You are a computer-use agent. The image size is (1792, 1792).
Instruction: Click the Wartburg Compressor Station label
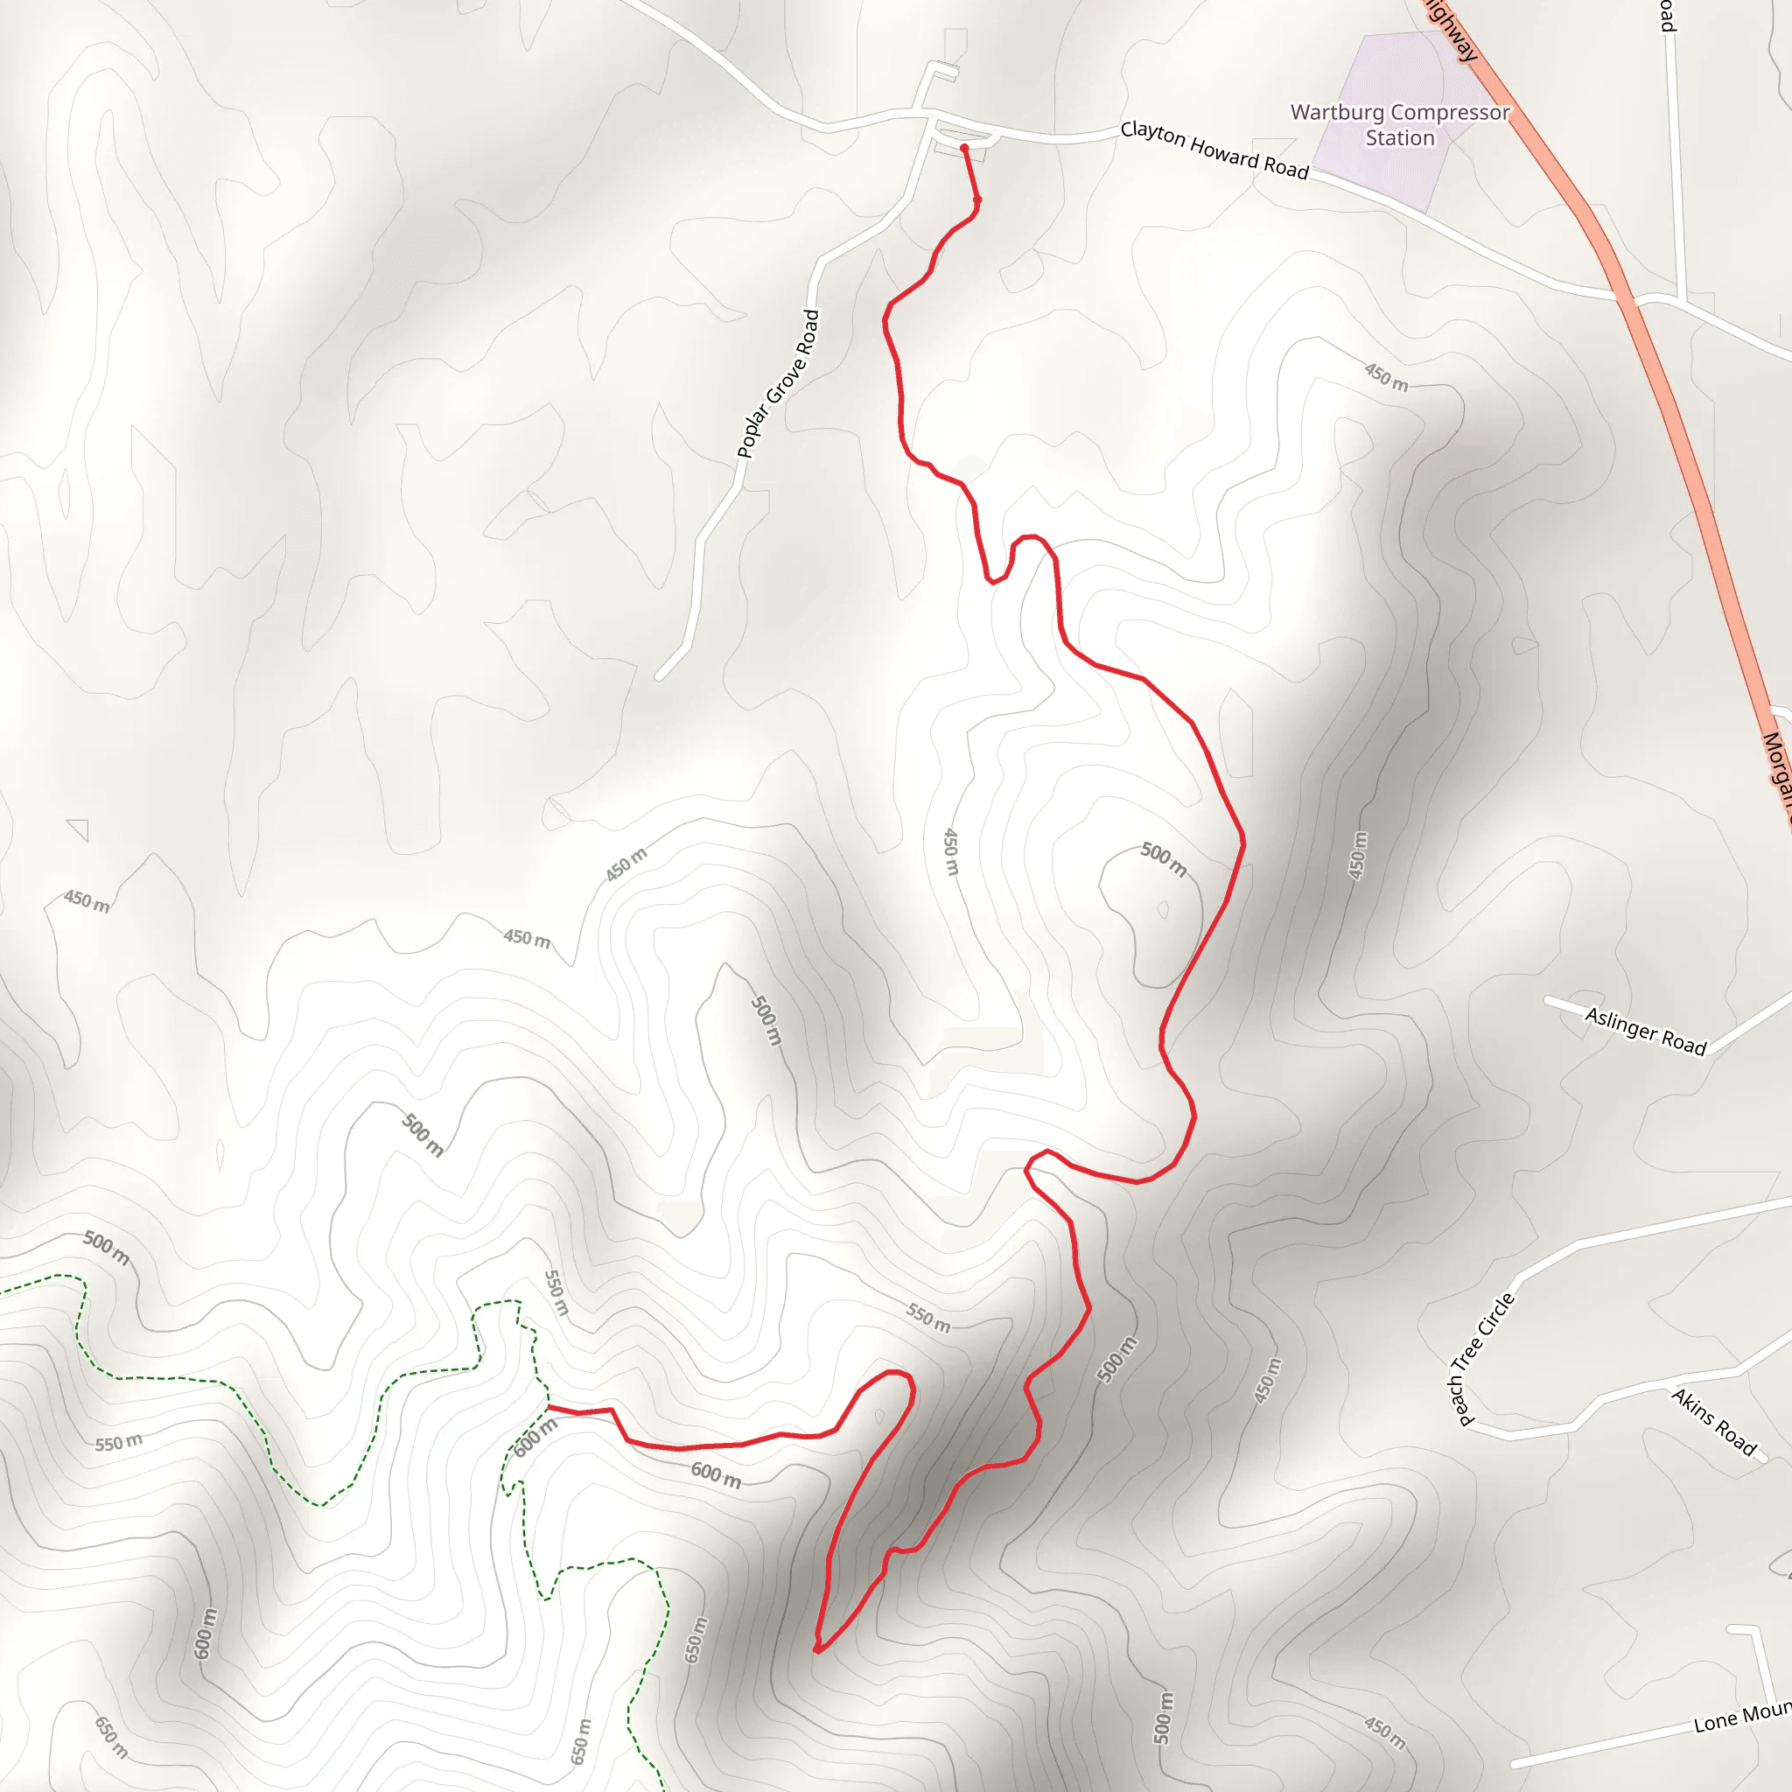[x=1400, y=125]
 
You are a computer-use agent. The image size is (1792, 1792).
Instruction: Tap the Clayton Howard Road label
[x=1214, y=150]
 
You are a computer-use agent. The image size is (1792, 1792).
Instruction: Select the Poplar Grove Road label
[x=778, y=384]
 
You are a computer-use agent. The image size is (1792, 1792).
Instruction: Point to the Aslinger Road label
[x=1644, y=1031]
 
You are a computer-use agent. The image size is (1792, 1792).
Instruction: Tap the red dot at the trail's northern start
[x=964, y=149]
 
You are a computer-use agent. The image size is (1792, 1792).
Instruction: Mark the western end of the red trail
[x=550, y=1407]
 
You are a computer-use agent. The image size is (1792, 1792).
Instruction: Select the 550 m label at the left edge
[x=119, y=1443]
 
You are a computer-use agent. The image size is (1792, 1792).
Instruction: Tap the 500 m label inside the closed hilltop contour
[x=1163, y=859]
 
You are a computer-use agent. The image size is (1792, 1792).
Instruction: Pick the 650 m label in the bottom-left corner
[x=111, y=1737]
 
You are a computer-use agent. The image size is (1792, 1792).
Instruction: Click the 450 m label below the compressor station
[x=1386, y=376]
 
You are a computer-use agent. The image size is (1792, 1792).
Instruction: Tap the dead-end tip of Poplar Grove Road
[x=659, y=677]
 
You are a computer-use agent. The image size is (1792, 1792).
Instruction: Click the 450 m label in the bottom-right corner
[x=1385, y=1732]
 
